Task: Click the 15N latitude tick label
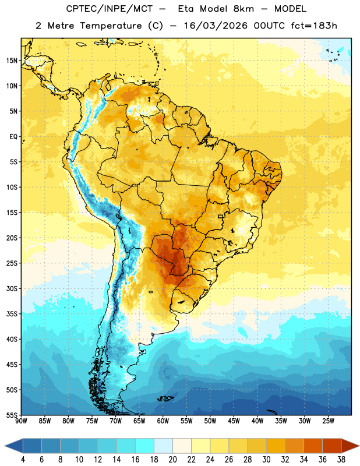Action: pos(12,61)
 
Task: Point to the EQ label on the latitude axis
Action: pos(13,137)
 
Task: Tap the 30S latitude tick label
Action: pos(12,288)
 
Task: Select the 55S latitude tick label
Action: pos(12,415)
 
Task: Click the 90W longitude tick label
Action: pos(21,421)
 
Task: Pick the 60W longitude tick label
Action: pos(163,421)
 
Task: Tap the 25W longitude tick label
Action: pos(328,421)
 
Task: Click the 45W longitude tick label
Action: pos(234,421)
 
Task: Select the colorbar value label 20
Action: pos(172,460)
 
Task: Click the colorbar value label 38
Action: pos(341,460)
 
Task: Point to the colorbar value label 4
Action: pos(23,460)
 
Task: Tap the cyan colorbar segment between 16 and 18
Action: pos(145,446)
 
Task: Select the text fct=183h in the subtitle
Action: pos(314,26)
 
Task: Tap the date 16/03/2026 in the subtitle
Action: pos(216,26)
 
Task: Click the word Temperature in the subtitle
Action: pos(111,26)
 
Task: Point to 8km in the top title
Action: pos(243,9)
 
